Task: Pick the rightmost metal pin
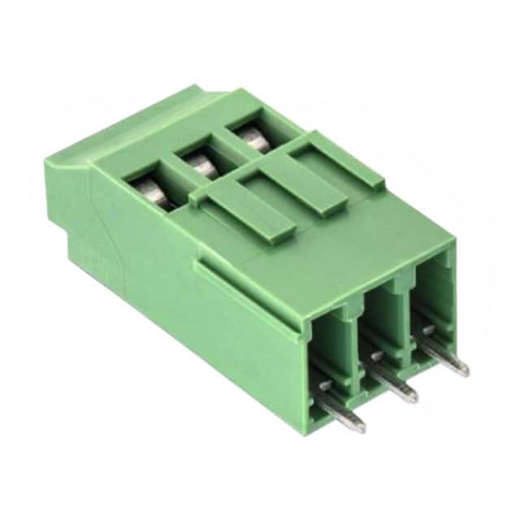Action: point(444,353)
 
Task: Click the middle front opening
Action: point(382,325)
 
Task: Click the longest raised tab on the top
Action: point(244,216)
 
